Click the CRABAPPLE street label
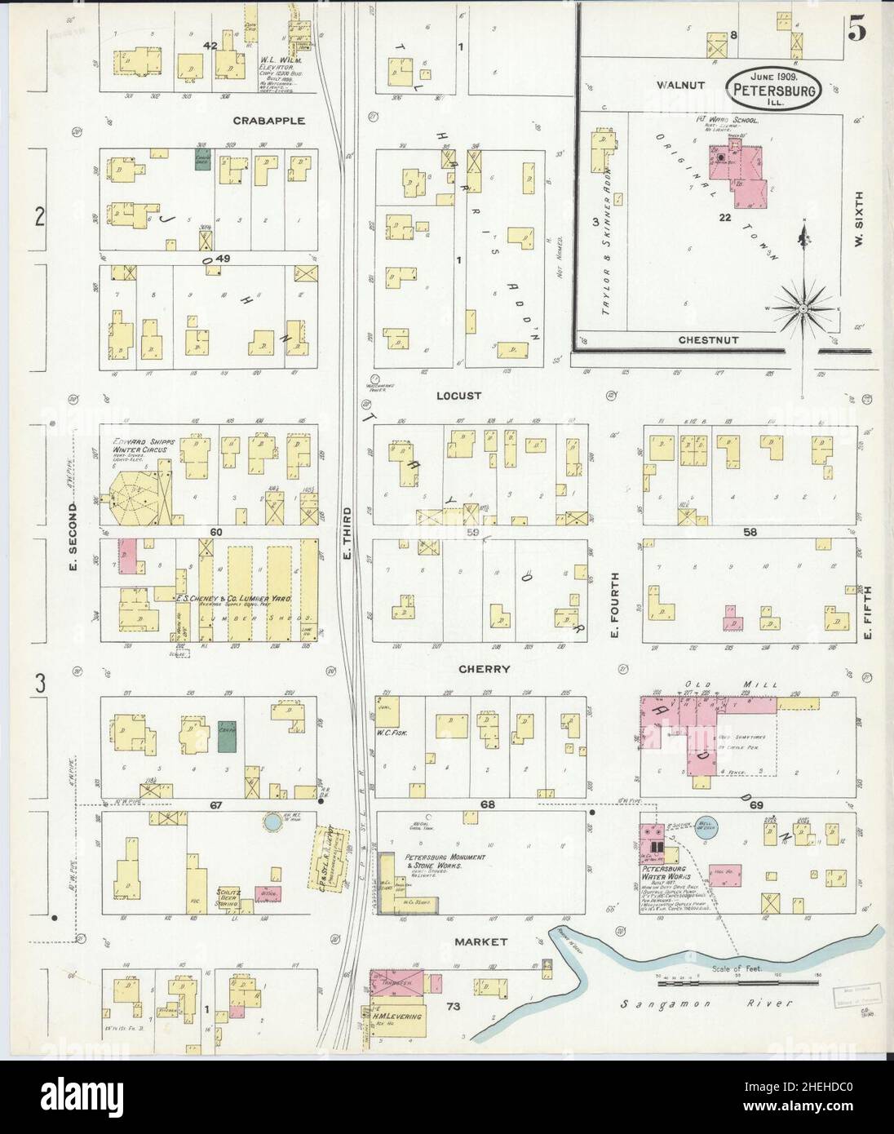(x=268, y=121)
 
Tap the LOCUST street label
(x=458, y=396)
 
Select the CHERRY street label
(x=484, y=669)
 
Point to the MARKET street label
(x=480, y=941)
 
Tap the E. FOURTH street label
(x=615, y=604)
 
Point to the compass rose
(x=803, y=308)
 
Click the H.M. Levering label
(x=397, y=1017)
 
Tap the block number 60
(x=215, y=532)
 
